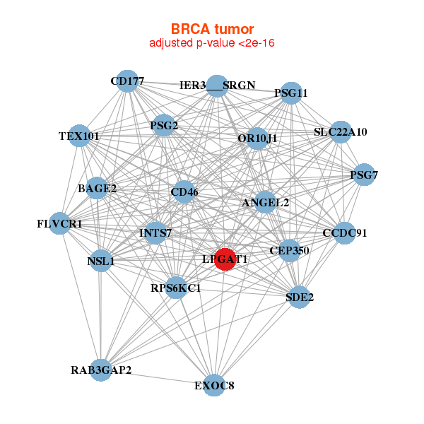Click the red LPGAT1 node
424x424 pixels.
(225, 259)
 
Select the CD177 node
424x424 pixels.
(126, 81)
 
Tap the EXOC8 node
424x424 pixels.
(215, 385)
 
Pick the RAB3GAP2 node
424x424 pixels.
(101, 370)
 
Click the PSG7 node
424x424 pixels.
(363, 175)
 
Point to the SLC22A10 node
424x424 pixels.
(341, 132)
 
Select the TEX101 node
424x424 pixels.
(80, 136)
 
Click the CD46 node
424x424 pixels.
(184, 192)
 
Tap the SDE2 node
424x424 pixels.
(300, 297)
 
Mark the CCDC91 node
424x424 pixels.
(344, 233)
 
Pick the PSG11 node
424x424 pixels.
(291, 93)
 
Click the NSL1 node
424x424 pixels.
(101, 261)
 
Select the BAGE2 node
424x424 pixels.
(97, 188)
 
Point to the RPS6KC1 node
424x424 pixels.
(176, 288)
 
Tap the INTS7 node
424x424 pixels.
(155, 232)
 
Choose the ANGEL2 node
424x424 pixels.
(265, 203)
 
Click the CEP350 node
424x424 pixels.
(289, 250)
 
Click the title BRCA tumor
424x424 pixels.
(212, 29)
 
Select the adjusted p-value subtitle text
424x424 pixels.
(212, 43)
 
